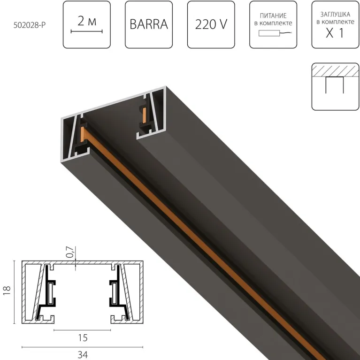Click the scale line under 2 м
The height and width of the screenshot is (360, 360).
(86, 31)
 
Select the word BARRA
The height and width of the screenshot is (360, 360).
(149, 25)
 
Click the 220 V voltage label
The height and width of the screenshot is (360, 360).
(211, 25)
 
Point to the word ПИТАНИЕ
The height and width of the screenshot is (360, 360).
(273, 15)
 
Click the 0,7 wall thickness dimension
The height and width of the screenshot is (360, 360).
(70, 253)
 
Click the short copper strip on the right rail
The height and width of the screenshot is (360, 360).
(145, 115)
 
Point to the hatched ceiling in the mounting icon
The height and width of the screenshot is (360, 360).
(335, 70)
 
